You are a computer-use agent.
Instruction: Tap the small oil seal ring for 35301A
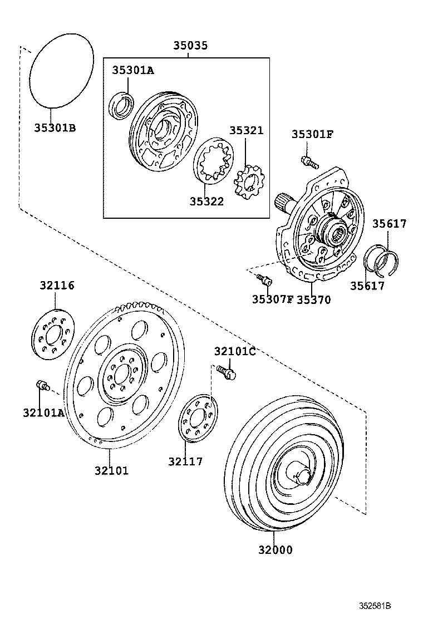click(121, 106)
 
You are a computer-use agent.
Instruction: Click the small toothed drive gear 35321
click(249, 186)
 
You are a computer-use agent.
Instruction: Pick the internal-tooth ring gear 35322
click(215, 161)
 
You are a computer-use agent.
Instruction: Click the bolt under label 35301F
click(308, 162)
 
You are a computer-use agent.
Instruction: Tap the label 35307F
click(272, 299)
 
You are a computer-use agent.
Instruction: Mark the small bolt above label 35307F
click(263, 278)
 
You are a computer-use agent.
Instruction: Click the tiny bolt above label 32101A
click(42, 384)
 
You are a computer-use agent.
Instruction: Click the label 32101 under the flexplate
click(111, 470)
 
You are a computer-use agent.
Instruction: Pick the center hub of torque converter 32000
click(302, 475)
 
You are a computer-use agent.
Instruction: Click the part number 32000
click(275, 550)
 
